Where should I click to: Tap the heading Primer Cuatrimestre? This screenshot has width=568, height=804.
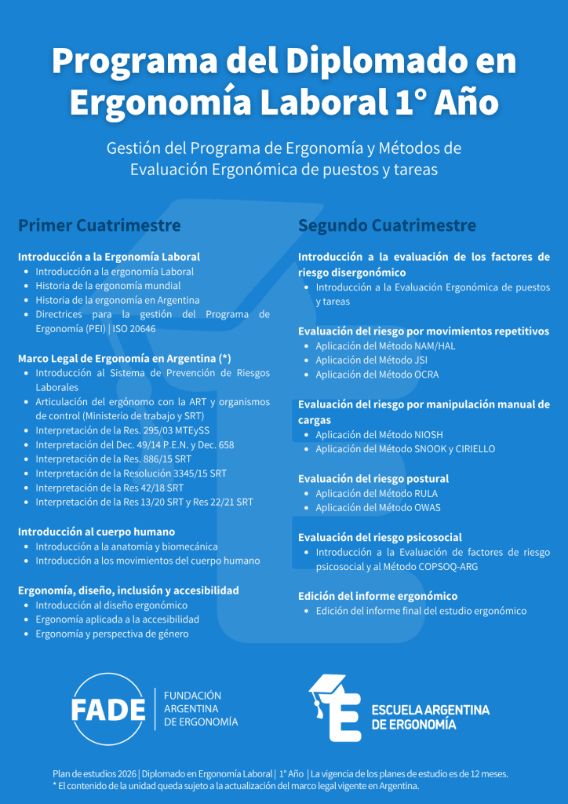click(100, 226)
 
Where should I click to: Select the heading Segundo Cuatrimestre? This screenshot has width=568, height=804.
click(387, 226)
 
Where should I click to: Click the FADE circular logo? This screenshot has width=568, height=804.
click(108, 709)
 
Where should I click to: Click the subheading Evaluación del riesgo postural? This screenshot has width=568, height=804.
click(373, 478)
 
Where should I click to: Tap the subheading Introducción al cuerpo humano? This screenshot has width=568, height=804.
click(96, 532)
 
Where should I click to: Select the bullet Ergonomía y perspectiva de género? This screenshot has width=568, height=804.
click(111, 634)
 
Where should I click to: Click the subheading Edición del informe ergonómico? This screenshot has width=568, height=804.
click(377, 596)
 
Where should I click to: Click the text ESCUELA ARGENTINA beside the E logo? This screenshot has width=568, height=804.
click(430, 710)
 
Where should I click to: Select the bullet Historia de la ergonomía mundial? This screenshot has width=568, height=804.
click(108, 286)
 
